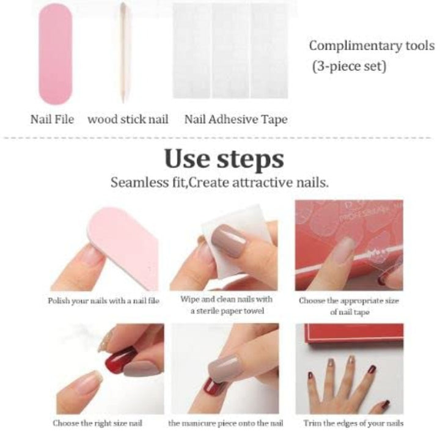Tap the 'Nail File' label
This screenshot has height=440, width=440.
pos(52,119)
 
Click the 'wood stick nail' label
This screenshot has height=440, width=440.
pos(128,119)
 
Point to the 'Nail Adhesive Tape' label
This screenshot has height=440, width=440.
pos(235,119)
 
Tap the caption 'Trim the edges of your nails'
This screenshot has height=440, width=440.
pos(353,422)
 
